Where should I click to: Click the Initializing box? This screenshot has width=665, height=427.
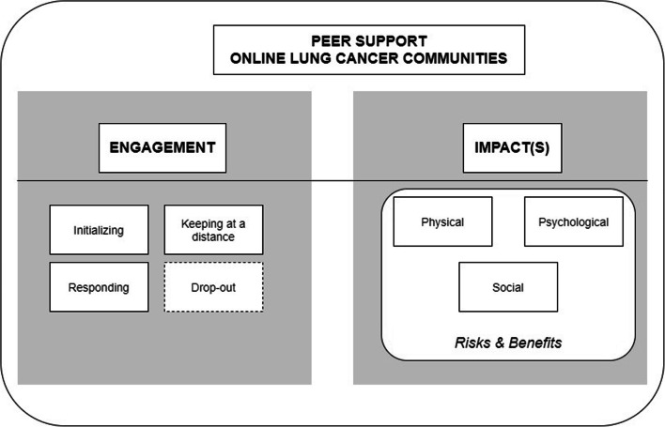click(x=99, y=229)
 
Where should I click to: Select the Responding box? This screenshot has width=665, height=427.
click(x=99, y=285)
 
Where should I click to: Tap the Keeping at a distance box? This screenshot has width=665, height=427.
click(x=213, y=229)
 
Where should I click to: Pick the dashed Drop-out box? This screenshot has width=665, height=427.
click(x=213, y=285)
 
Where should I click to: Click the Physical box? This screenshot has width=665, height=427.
click(x=441, y=222)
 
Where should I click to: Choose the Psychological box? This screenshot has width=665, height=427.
click(x=573, y=222)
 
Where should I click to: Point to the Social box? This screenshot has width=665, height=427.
click(x=507, y=286)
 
